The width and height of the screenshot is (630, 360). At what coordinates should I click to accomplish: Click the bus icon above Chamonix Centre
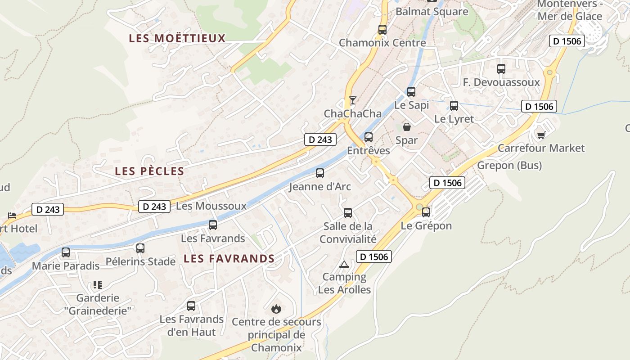382,30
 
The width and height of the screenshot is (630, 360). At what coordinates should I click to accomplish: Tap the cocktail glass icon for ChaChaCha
353,100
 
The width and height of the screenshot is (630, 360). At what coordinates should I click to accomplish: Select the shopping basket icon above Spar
407,127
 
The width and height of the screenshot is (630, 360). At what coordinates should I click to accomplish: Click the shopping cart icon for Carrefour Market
541,135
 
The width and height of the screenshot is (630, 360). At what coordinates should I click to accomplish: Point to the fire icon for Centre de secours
276,309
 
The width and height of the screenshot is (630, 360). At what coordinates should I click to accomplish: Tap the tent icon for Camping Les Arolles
344,264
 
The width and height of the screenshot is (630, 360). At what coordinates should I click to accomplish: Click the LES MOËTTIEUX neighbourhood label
177,38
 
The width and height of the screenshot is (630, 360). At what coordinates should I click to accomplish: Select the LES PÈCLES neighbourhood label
150,171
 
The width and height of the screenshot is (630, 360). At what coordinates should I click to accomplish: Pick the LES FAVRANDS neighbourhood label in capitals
229,258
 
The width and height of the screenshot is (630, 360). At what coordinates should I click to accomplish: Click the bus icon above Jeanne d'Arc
320,173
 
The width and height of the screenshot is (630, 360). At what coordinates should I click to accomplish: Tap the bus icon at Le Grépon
426,212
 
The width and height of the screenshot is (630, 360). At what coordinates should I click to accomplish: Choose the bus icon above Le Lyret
454,106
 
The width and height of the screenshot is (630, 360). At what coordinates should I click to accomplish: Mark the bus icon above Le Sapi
411,92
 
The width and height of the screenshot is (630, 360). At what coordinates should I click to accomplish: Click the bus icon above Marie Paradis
66,252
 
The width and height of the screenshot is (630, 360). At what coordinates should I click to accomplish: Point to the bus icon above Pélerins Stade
140,248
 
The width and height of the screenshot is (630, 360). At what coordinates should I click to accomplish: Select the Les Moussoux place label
211,206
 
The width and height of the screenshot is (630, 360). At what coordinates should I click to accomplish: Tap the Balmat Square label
432,12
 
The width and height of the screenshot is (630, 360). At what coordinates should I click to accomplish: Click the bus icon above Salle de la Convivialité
348,213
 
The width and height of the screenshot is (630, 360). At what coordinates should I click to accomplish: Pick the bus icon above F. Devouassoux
501,69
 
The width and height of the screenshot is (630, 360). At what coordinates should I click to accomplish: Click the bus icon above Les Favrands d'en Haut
191,306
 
